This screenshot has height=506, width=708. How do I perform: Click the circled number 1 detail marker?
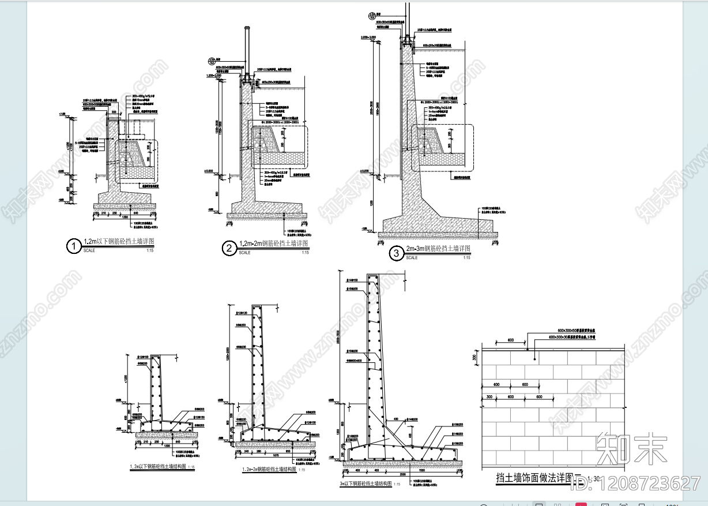(x=73, y=246)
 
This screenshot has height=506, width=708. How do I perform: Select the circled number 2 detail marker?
(x=229, y=248)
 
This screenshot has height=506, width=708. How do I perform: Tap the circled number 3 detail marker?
(x=396, y=253)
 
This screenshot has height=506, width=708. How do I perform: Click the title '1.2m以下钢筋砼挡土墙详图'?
(x=119, y=242)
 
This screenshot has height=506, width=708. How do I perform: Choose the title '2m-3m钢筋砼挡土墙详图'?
(x=438, y=249)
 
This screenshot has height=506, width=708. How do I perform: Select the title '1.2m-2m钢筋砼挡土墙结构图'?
(x=269, y=470)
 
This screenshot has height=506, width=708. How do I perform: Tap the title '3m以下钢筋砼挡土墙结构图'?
(x=366, y=483)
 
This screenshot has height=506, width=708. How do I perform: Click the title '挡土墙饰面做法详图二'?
(x=538, y=478)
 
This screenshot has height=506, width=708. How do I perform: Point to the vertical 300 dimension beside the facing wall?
(x=476, y=358)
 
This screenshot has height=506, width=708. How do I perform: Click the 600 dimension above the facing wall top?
(x=511, y=340)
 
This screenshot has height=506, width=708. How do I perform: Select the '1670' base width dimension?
(x=277, y=455)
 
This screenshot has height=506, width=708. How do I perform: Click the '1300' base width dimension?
(x=167, y=445)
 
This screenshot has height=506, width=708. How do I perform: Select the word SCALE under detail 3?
(x=412, y=258)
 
